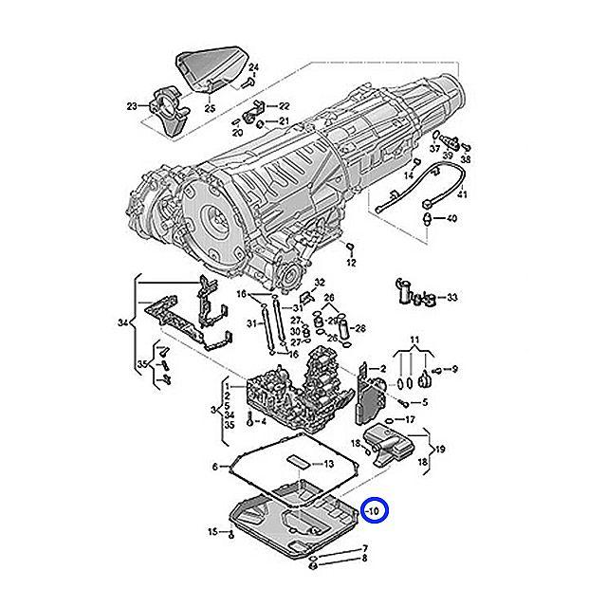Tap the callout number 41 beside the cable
[x=463, y=195]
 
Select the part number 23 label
[x=131, y=106]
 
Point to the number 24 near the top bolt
[x=254, y=67]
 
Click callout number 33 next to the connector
[x=451, y=298]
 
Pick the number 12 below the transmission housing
[x=350, y=261]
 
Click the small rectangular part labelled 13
[x=298, y=462]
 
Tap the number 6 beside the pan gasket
[x=215, y=467]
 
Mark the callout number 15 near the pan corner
[x=213, y=532]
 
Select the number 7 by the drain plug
[x=363, y=549]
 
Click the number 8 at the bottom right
[x=363, y=561]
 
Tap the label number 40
[x=451, y=219]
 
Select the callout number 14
[x=410, y=176]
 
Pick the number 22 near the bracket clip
[x=284, y=105]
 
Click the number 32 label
[x=320, y=283]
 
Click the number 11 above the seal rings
[x=414, y=340]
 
